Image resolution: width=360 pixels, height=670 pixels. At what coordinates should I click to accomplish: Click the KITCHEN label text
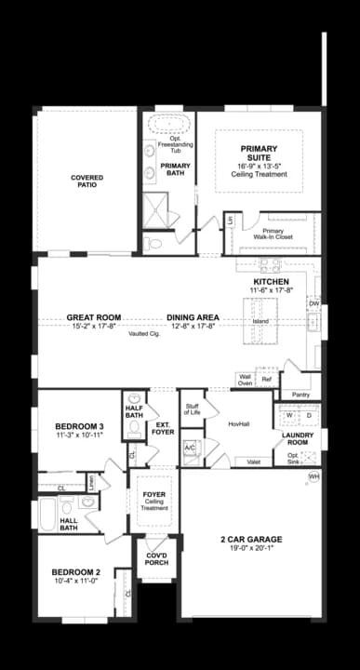(271, 281)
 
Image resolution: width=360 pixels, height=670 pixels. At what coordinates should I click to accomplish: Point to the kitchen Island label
(260, 321)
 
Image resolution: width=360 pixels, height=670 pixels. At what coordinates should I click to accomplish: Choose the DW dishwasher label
(313, 303)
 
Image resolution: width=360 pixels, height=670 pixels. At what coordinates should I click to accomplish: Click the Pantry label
(300, 395)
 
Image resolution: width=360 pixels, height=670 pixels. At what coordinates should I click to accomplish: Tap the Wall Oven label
(246, 380)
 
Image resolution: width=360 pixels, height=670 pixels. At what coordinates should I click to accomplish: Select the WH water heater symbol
(313, 476)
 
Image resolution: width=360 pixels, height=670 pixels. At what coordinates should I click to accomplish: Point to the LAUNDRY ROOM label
(298, 438)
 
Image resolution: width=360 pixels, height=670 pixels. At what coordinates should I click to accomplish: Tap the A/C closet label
(190, 447)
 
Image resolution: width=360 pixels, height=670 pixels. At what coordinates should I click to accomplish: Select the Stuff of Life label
(193, 409)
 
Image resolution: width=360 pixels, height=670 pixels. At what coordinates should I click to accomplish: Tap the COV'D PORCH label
(154, 558)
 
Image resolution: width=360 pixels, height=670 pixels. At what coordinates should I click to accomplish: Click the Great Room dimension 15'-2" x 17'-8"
(94, 326)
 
